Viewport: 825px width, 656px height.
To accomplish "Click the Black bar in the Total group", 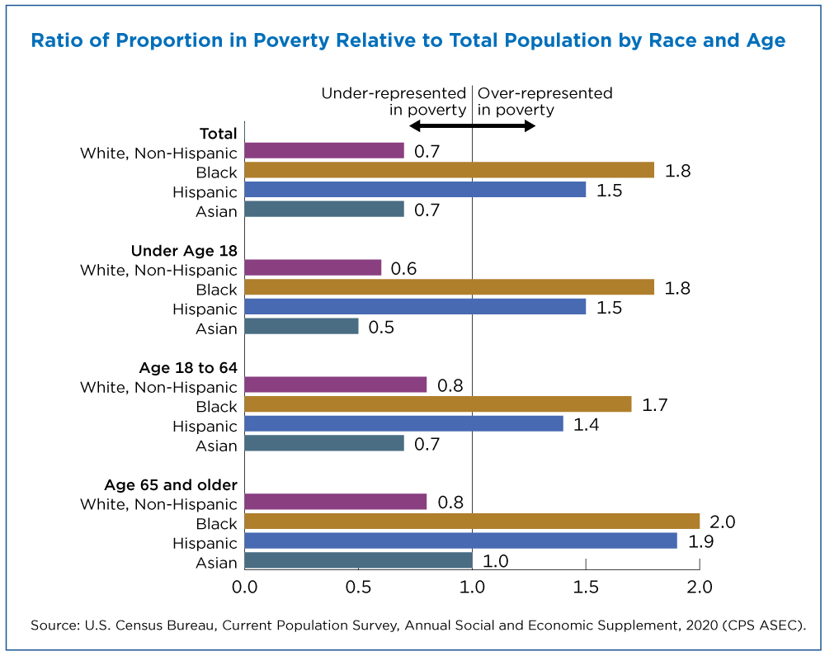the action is (450, 170).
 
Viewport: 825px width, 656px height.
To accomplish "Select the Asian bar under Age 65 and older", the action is (358, 560).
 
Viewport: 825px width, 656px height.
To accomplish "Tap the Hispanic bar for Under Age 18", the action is (415, 307).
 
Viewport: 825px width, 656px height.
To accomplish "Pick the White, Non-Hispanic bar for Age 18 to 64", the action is (336, 385).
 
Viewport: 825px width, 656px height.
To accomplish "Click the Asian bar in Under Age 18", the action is (301, 326).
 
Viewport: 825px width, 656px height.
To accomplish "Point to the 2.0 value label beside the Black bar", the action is (723, 521).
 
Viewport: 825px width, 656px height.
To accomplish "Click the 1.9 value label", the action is (700, 541).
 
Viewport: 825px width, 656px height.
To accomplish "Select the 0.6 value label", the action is (403, 269).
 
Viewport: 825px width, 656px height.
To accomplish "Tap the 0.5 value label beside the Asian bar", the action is (381, 328).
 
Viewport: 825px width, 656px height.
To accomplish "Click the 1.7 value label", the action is (654, 405).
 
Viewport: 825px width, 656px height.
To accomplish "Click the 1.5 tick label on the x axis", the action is (586, 587).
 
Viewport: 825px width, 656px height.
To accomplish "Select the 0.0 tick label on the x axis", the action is (245, 587).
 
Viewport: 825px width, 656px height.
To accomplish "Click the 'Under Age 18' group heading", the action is (184, 250).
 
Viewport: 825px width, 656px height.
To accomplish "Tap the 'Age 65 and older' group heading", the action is (171, 484).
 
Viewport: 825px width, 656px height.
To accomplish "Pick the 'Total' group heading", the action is (219, 134).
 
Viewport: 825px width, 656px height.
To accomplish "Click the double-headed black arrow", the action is (472, 125).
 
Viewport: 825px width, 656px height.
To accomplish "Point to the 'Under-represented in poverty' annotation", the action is (394, 101).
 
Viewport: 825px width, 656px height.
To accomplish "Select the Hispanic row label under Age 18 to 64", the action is (205, 426).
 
